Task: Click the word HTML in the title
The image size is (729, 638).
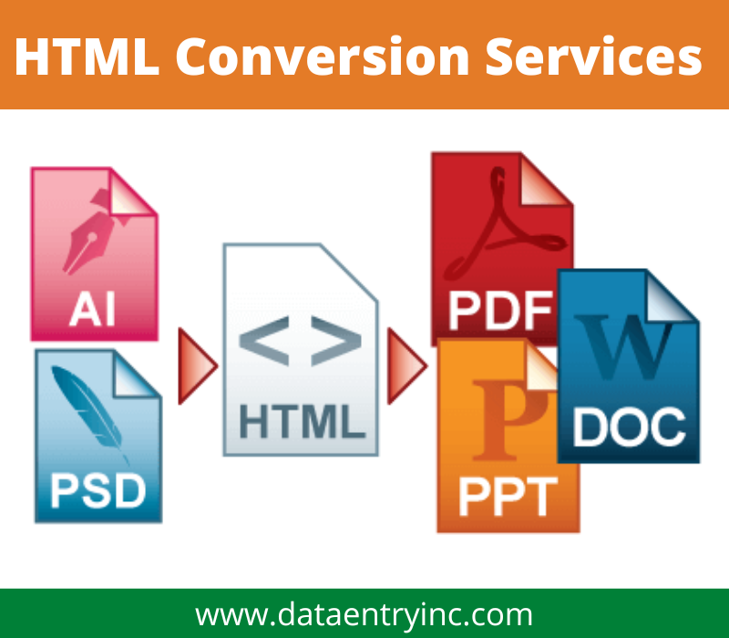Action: (x=86, y=57)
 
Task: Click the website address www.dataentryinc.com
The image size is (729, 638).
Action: (x=364, y=613)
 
